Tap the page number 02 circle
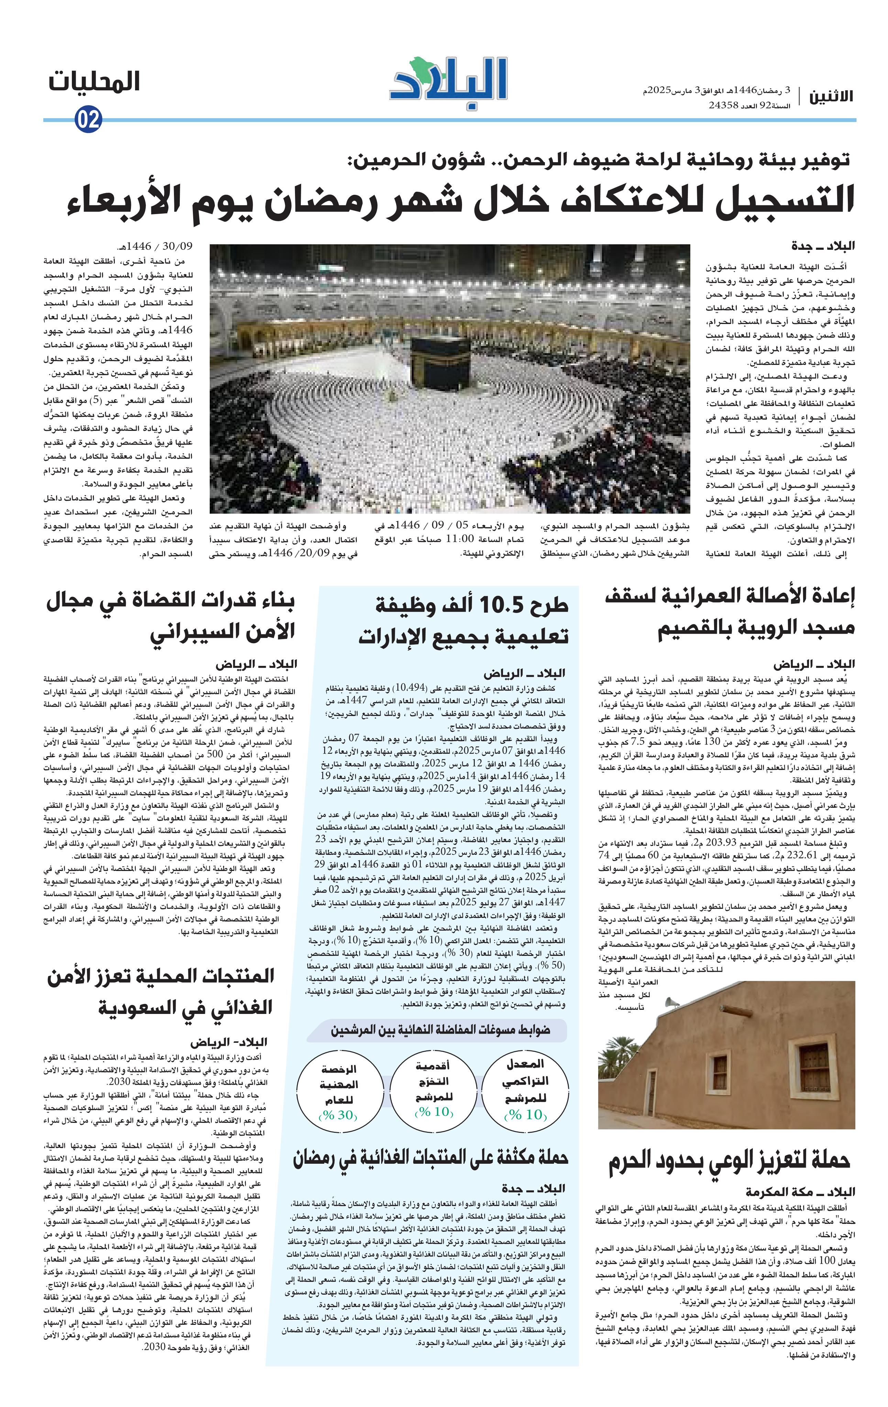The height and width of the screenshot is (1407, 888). pyautogui.click(x=89, y=120)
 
